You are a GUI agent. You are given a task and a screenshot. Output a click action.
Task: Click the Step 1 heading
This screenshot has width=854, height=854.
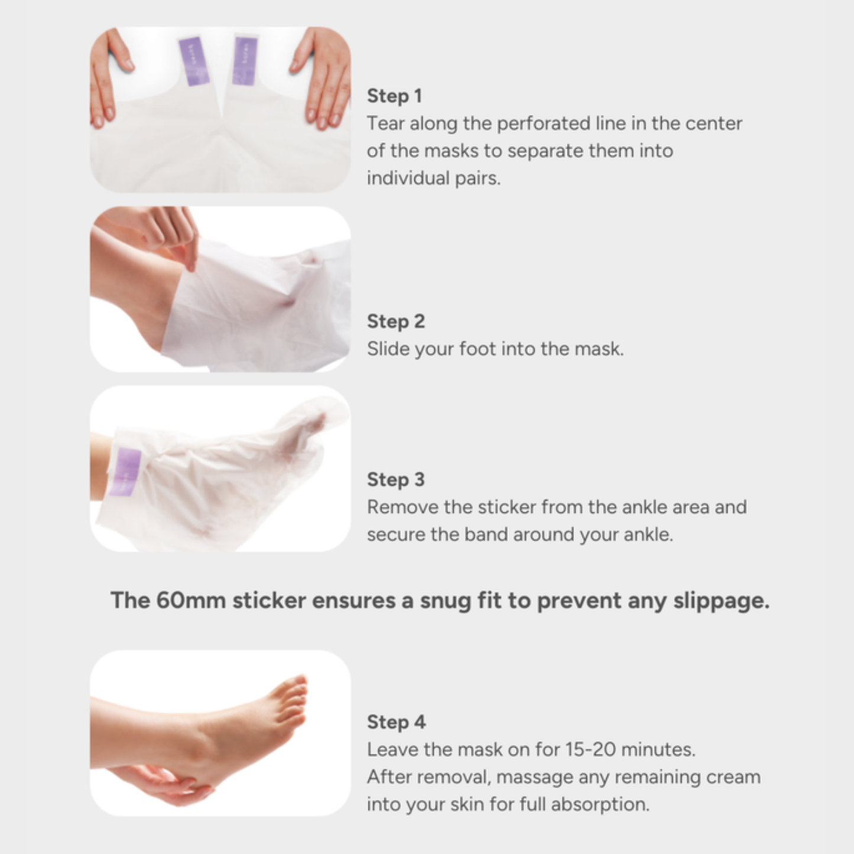[394, 96]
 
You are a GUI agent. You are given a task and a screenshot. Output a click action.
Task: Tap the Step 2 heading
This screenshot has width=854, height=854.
[395, 321]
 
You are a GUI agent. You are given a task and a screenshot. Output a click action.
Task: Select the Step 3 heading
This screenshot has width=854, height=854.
[395, 479]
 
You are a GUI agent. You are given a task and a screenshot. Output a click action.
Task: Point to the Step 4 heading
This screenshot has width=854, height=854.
[396, 722]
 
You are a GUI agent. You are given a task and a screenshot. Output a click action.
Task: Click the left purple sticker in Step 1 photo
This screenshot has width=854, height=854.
[194, 61]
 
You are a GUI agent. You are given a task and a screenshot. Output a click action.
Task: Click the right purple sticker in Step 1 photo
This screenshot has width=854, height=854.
[245, 60]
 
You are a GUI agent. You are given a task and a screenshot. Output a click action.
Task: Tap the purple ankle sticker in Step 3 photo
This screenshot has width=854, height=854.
[126, 471]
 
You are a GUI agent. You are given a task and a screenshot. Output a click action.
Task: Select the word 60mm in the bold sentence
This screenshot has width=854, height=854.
[191, 600]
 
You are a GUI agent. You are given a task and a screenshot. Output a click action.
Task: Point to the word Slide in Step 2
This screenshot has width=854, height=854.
[388, 349]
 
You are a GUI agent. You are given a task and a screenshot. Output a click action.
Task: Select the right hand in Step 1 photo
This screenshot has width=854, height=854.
[323, 77]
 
